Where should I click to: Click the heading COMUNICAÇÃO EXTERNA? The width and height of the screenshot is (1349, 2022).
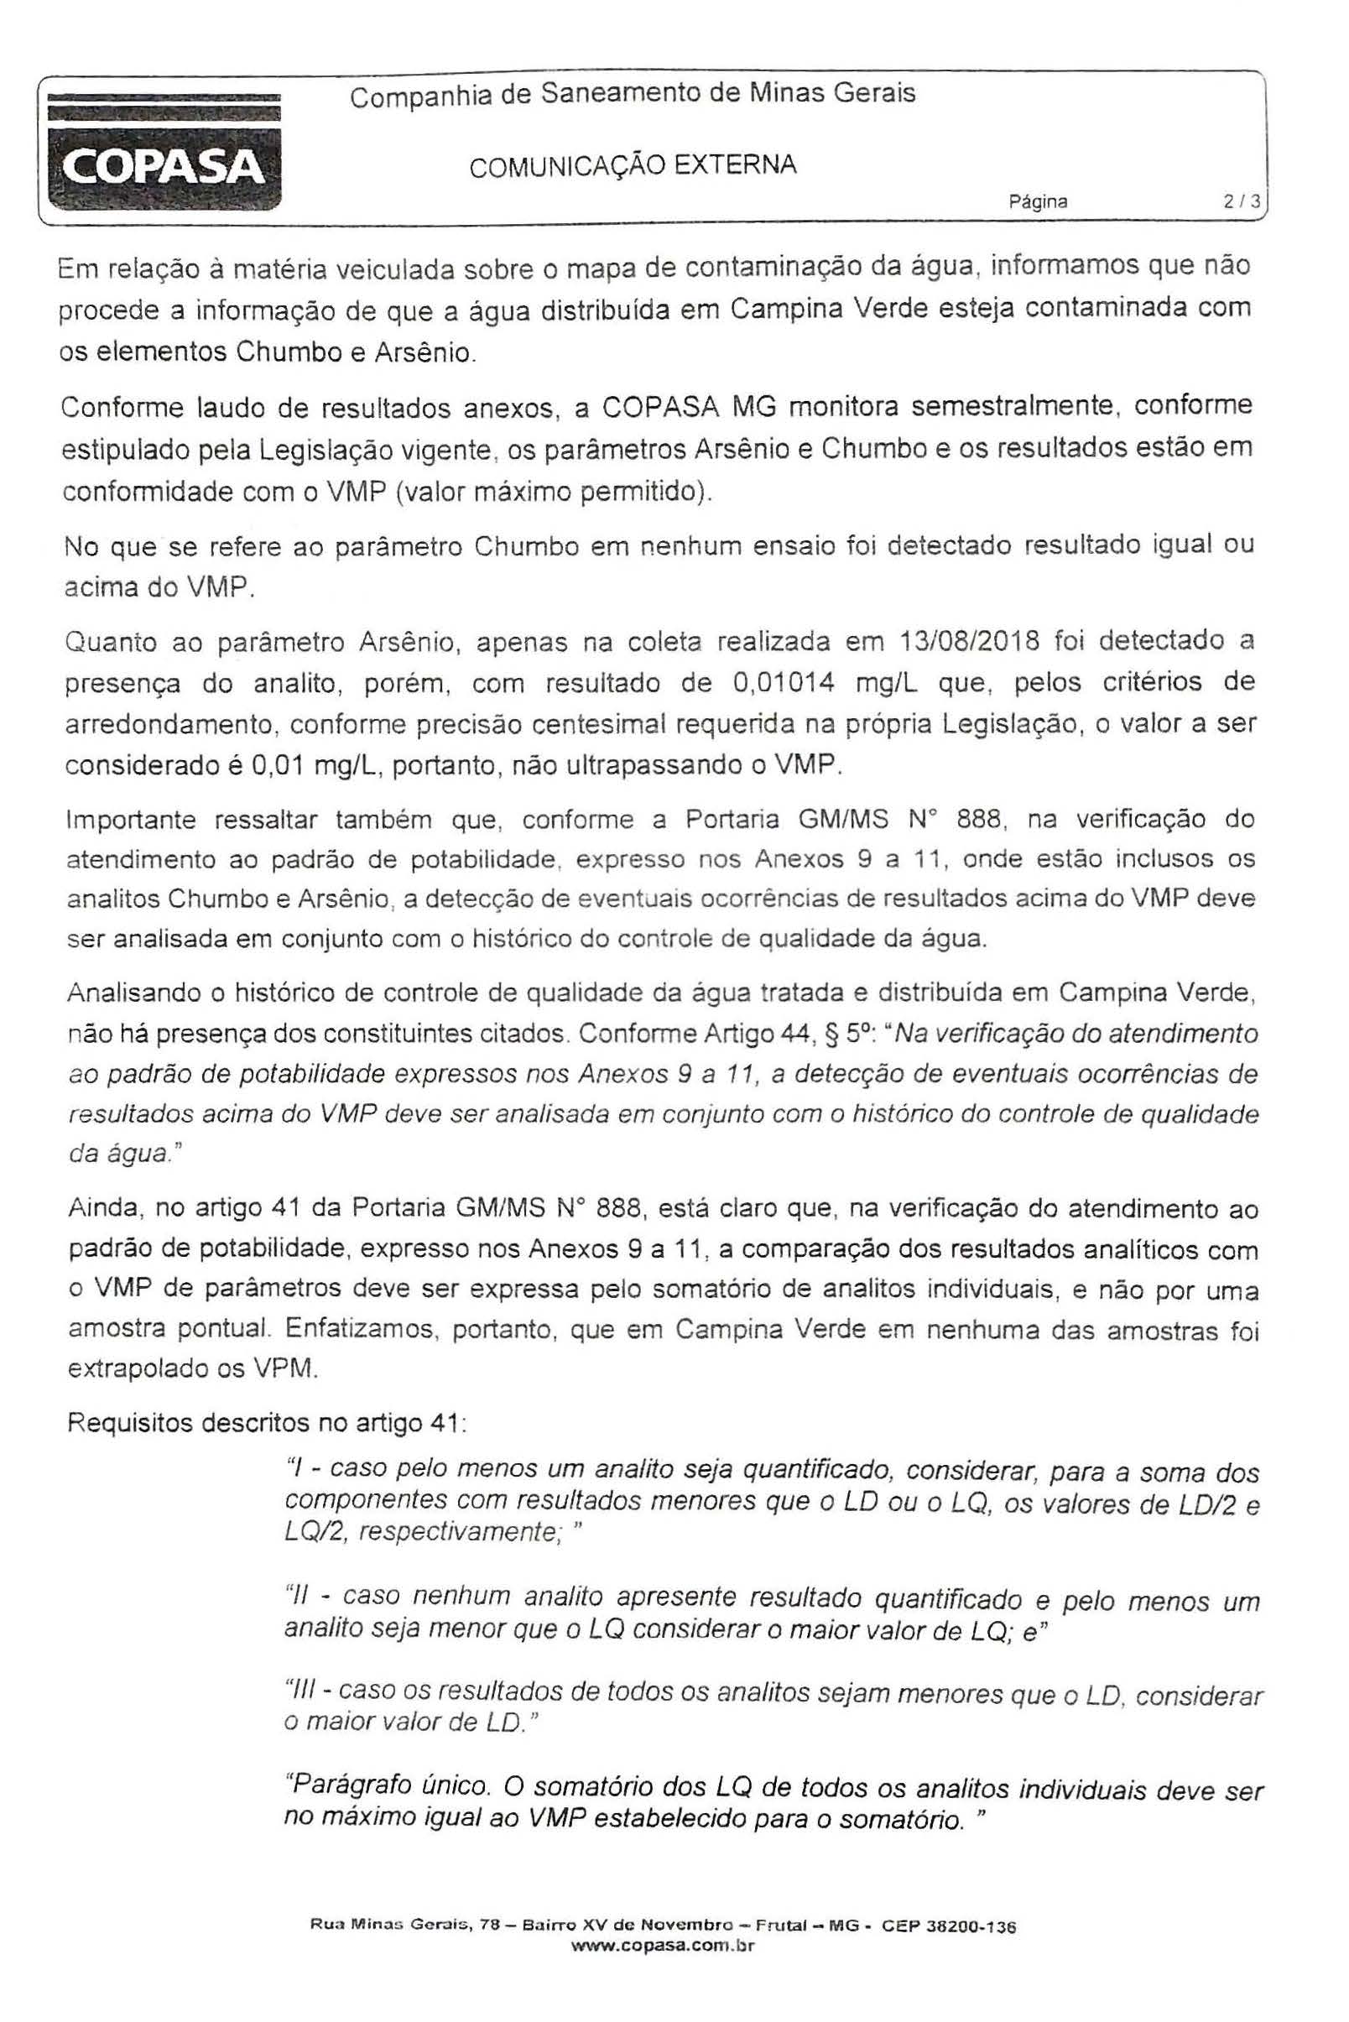point(633,165)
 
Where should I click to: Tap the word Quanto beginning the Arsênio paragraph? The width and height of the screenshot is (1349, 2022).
point(107,643)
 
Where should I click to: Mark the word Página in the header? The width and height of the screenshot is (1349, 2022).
point(1039,202)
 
